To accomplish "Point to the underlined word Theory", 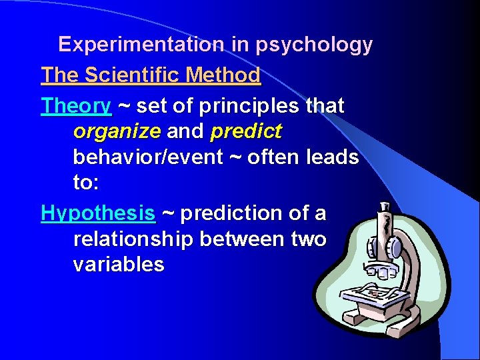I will pos(76,105).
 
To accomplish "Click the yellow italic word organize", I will pos(117,131).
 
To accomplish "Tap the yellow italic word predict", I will pos(246,131).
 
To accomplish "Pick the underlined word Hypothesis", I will pos(98,213).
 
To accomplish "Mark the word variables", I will pos(119,264).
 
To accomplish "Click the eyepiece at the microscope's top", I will pos(385,212).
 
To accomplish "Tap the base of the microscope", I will pos(400,320).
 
